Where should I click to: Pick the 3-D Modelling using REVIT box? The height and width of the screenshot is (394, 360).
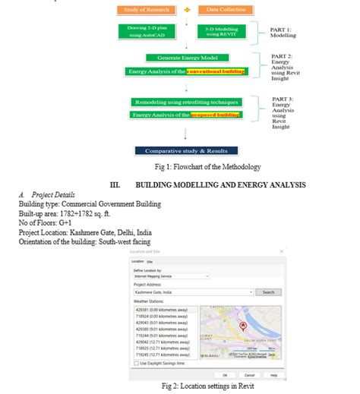pyautogui.click(x=220, y=31)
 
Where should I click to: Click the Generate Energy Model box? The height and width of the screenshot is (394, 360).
pyautogui.click(x=186, y=58)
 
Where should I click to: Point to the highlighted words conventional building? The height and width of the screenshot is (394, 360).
pyautogui.click(x=213, y=71)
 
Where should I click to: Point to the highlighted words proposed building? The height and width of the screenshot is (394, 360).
pyautogui.click(x=216, y=115)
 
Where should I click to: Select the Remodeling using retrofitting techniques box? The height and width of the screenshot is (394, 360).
pyautogui.click(x=186, y=102)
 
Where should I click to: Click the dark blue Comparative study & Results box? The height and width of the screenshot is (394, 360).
pyautogui.click(x=186, y=150)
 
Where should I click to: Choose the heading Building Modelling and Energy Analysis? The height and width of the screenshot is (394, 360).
pyautogui.click(x=220, y=184)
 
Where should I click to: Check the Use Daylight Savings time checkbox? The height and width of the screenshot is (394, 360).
pyautogui.click(x=136, y=362)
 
